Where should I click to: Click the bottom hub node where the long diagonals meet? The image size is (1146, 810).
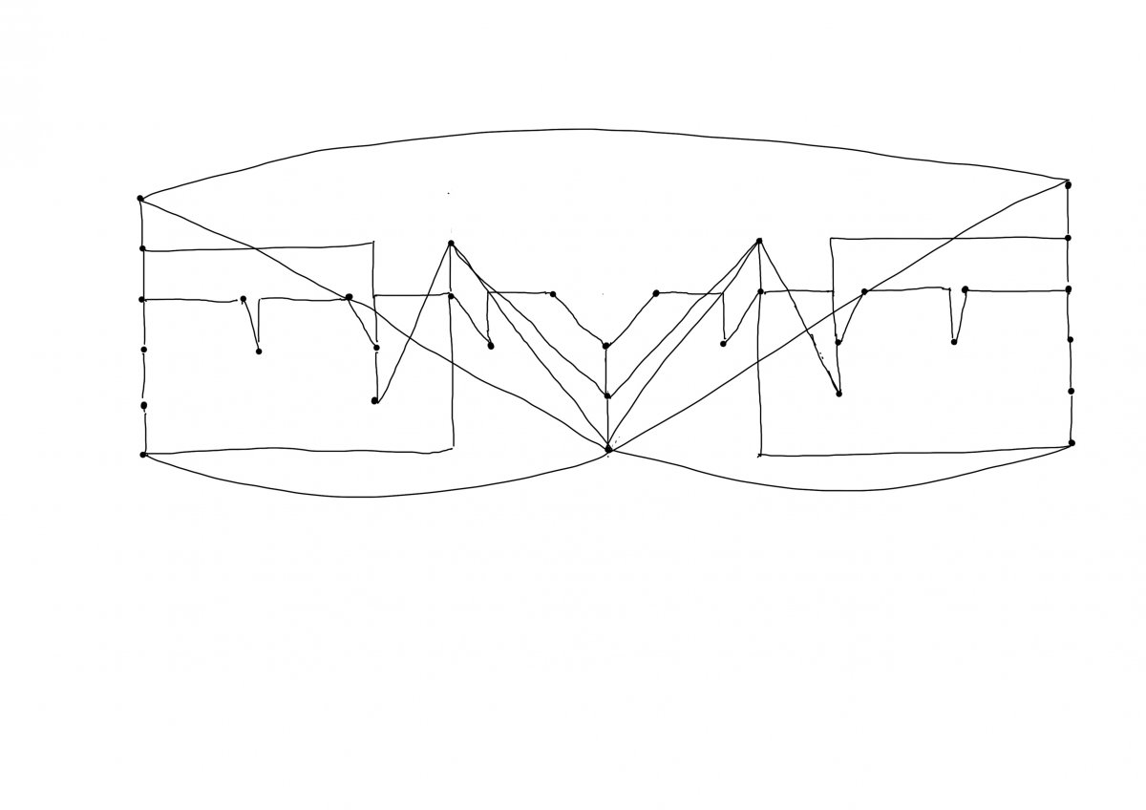click(x=608, y=448)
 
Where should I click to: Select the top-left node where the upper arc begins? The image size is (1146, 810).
click(x=140, y=199)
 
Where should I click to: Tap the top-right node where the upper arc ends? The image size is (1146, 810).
click(x=1068, y=184)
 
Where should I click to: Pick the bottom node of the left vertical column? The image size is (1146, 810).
click(x=143, y=454)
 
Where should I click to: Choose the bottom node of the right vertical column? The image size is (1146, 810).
click(x=1072, y=442)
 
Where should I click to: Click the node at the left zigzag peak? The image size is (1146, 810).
click(x=451, y=244)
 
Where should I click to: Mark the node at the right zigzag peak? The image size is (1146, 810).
click(x=759, y=241)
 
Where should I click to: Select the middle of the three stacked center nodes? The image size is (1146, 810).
click(x=607, y=394)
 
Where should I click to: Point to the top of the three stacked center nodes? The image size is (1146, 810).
click(x=605, y=346)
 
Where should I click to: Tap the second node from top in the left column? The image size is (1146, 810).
click(x=142, y=248)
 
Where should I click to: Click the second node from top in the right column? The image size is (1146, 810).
click(x=1068, y=238)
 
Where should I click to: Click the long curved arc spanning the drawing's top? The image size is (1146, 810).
click(x=592, y=130)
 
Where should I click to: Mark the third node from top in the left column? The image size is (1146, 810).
click(x=141, y=299)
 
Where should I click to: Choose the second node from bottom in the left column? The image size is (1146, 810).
click(x=143, y=405)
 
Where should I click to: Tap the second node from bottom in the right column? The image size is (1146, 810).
click(x=1071, y=391)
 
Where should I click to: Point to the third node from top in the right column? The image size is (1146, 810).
click(x=1068, y=288)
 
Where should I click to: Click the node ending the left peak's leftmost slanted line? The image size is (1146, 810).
click(x=374, y=401)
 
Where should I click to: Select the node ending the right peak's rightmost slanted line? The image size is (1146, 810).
click(x=838, y=393)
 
